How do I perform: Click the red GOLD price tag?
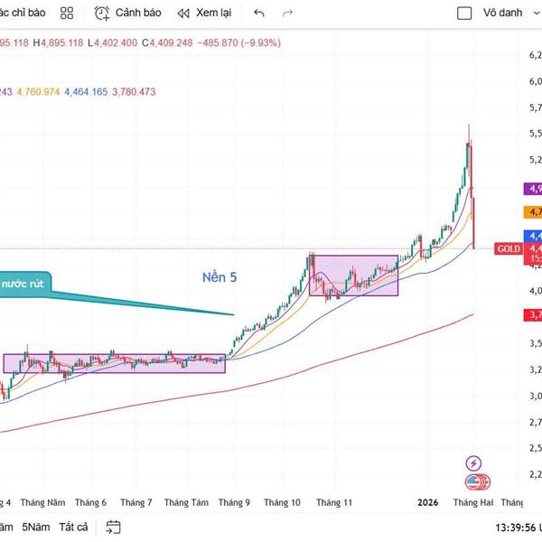point(508,248)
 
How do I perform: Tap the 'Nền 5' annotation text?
point(220,277)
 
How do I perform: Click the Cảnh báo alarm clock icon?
point(102,13)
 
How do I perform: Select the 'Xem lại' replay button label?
point(213,14)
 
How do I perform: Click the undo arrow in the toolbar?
point(259,14)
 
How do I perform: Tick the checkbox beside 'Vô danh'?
point(464,14)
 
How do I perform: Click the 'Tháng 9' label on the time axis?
point(234,502)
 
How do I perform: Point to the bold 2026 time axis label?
point(427,502)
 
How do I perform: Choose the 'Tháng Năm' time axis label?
point(43,502)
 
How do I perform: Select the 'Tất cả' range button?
point(73,527)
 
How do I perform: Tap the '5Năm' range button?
point(36,527)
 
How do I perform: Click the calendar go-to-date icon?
point(113,527)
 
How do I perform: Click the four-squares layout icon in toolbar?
point(66,14)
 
